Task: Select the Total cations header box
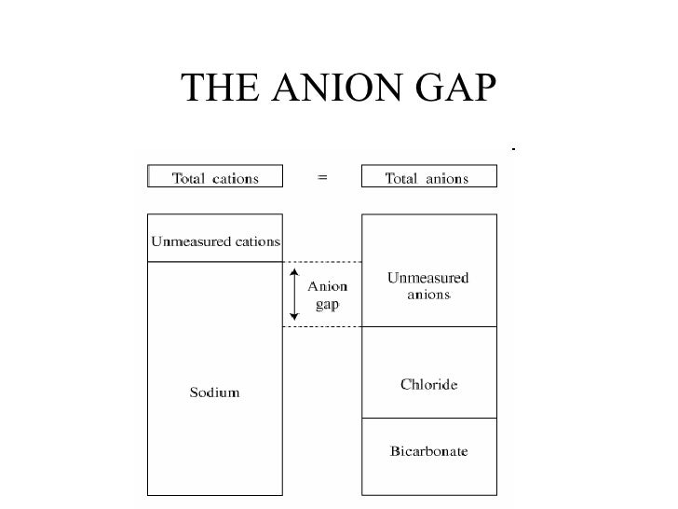point(215,177)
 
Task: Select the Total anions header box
point(427,177)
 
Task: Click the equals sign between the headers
point(322,177)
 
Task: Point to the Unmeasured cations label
point(215,241)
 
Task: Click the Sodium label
point(215,392)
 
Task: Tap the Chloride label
point(428,384)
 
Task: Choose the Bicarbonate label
point(428,452)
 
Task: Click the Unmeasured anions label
point(428,286)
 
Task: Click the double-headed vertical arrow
point(294,294)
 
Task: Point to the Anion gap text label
point(328,296)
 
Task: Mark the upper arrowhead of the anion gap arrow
point(294,272)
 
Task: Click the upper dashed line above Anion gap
point(321,262)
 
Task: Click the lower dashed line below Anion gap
point(321,326)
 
